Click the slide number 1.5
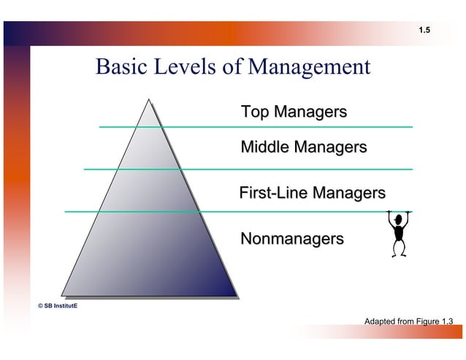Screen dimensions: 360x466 [424, 30]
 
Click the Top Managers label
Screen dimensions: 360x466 [294, 112]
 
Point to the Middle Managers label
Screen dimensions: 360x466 [303, 148]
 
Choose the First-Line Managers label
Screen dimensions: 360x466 [312, 194]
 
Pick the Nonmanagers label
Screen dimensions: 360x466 [291, 239]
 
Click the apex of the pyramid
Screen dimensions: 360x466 [149, 100]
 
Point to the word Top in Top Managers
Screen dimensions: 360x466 [256, 112]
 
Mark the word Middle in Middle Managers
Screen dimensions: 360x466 [265, 148]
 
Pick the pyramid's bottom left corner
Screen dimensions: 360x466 [63, 297]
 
